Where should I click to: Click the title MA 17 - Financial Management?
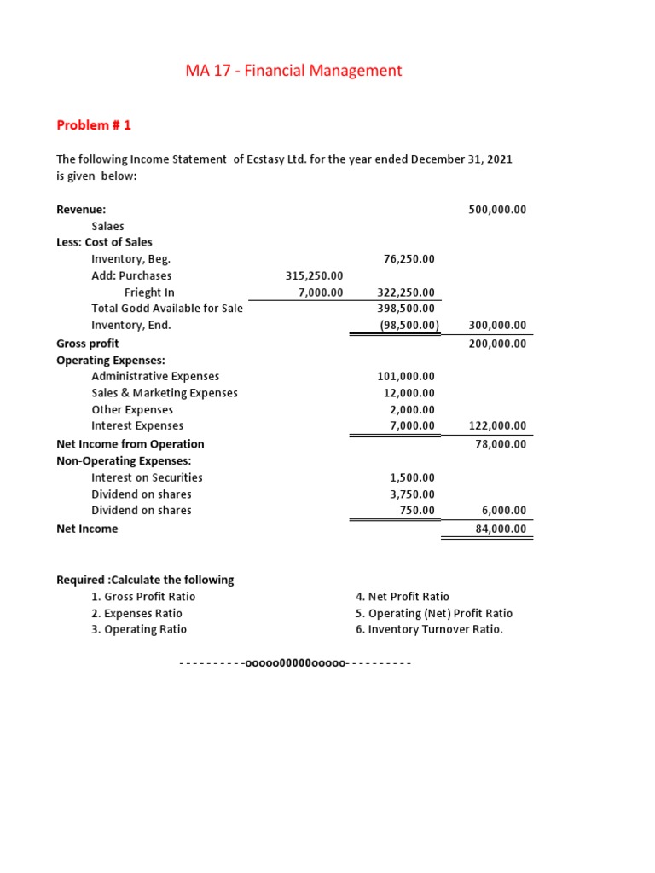click(293, 71)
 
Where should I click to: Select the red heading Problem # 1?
click(94, 125)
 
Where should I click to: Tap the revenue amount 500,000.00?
click(497, 210)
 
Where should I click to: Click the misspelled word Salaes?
click(107, 226)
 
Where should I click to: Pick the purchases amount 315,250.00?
click(314, 275)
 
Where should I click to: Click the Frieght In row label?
click(149, 292)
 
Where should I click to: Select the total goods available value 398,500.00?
click(406, 308)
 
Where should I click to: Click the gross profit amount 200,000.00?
click(497, 343)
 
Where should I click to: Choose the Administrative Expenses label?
click(155, 376)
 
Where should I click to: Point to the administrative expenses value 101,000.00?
click(406, 376)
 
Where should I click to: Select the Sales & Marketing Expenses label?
click(165, 393)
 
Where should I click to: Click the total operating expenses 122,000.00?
click(497, 425)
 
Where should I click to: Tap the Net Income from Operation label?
click(130, 443)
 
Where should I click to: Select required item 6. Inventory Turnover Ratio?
click(429, 629)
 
